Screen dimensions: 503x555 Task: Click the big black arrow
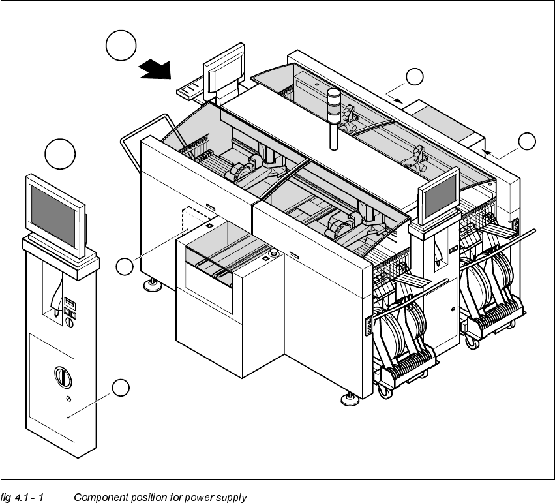155,68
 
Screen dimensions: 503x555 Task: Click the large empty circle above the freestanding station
60,154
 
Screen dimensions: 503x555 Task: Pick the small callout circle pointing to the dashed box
125,266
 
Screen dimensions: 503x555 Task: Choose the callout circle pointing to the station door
121,388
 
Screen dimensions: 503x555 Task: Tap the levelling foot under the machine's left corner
153,284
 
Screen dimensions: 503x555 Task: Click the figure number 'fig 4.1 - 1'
22,498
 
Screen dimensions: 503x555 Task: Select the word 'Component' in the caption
99,498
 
